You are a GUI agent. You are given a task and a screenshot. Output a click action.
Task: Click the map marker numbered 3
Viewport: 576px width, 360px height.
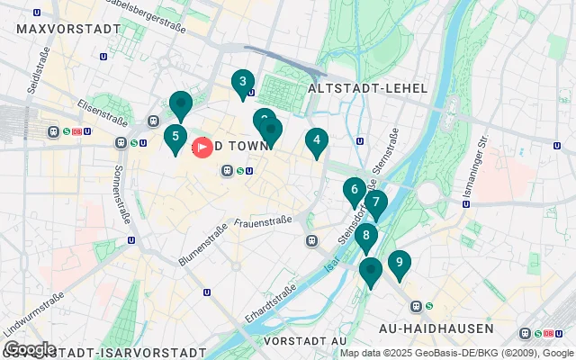241,83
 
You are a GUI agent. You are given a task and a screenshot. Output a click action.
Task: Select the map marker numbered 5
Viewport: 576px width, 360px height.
175,138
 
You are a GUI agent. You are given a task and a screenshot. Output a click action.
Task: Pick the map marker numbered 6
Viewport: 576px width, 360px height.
354,190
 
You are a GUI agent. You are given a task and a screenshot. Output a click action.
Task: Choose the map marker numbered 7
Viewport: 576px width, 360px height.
375,202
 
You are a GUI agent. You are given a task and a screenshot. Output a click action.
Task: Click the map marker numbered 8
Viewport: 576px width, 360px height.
365,236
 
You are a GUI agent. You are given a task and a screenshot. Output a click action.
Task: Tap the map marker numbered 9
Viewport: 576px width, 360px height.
399,264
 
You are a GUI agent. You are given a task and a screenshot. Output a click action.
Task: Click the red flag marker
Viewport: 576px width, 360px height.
203,146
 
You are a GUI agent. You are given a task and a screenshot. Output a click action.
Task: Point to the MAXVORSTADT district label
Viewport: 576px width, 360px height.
68,29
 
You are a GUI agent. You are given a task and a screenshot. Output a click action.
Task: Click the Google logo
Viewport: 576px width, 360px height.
29,349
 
